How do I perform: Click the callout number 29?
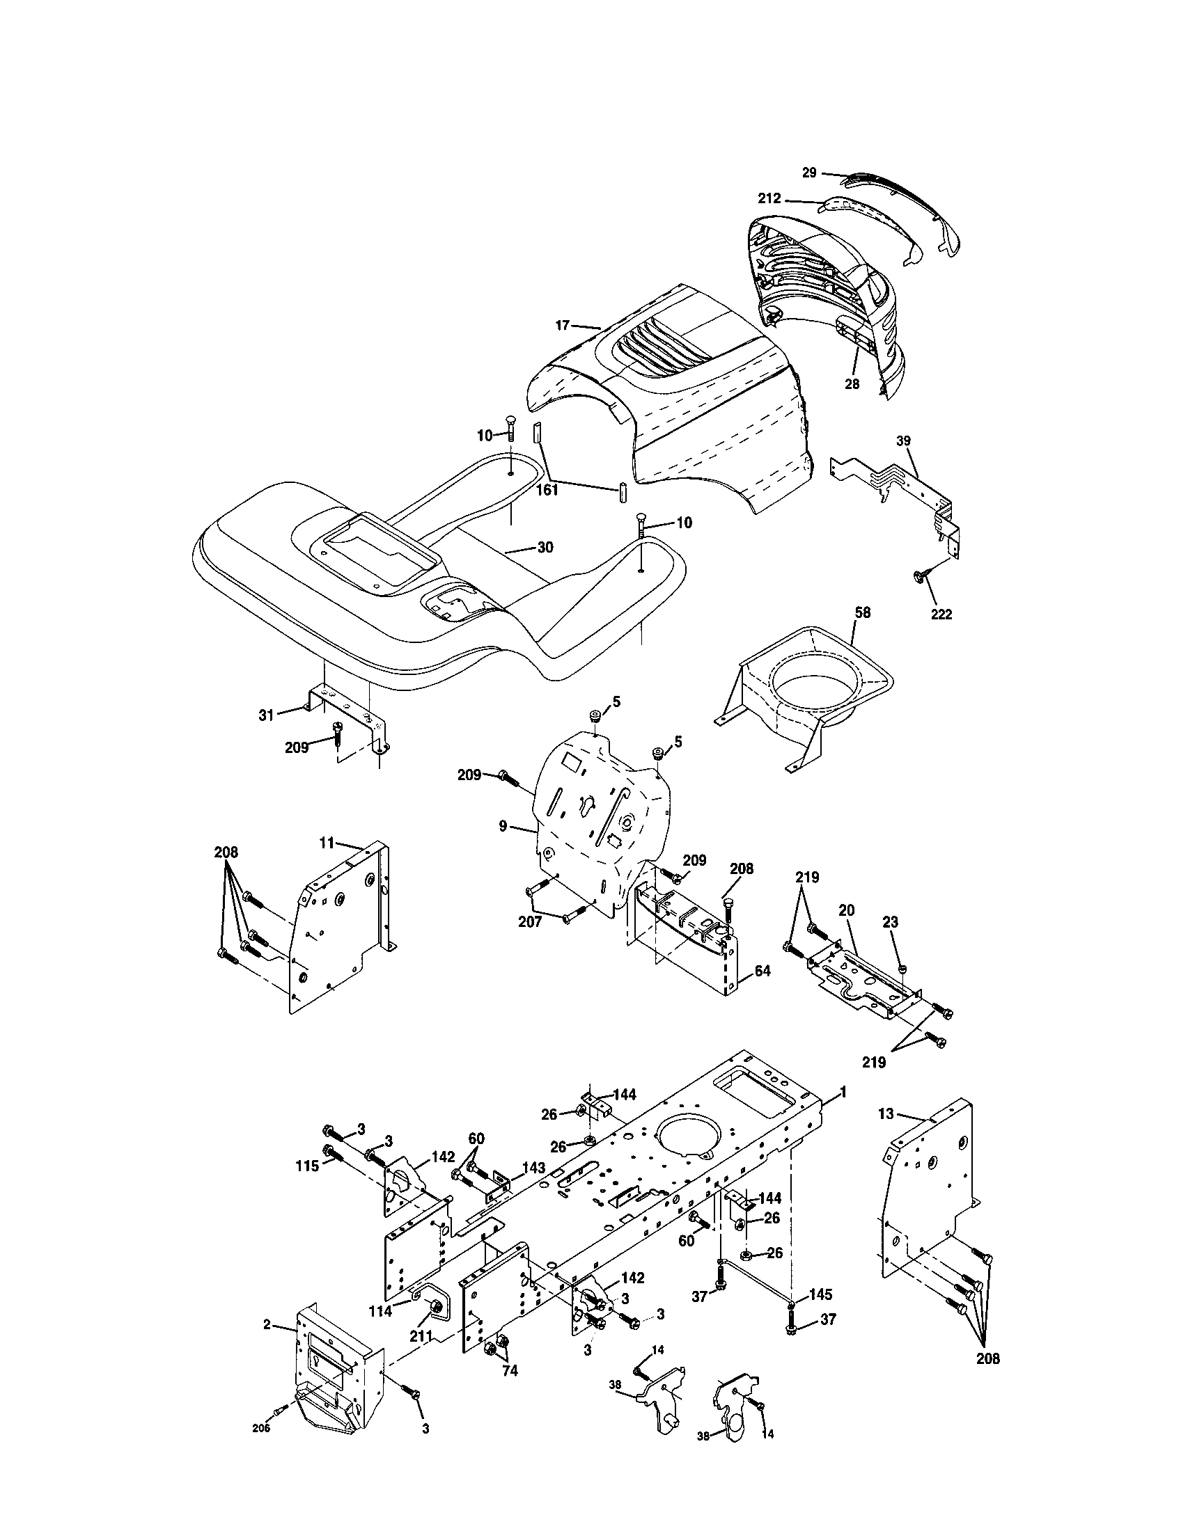(x=809, y=173)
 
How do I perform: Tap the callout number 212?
(x=769, y=199)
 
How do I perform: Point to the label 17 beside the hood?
(x=562, y=324)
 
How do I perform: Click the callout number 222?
(x=941, y=614)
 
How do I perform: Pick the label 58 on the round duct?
(x=863, y=612)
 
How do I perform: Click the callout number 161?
(x=547, y=490)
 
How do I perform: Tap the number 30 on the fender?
(x=545, y=548)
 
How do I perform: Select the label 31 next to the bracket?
(x=266, y=715)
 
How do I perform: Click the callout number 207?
(x=530, y=923)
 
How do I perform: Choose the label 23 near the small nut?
(x=890, y=923)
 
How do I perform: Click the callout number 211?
(x=421, y=1336)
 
